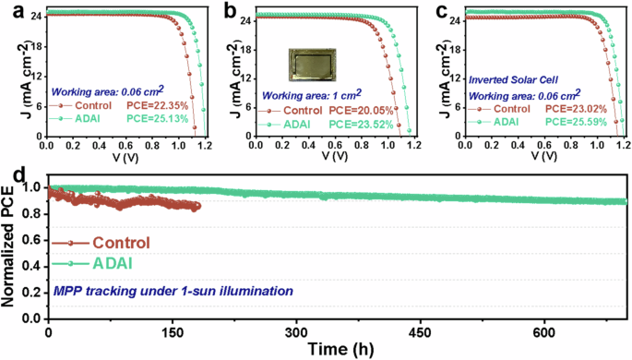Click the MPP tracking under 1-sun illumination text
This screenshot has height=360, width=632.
click(x=173, y=291)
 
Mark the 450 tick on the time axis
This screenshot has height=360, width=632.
click(x=420, y=332)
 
